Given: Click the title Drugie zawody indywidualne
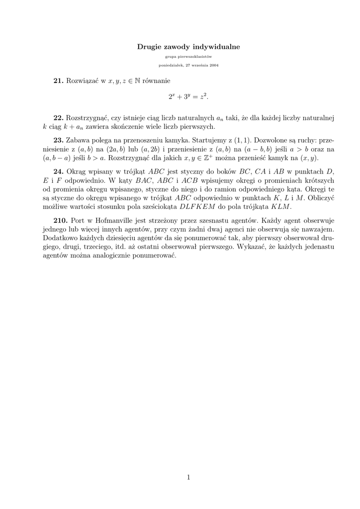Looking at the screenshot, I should coord(188,47).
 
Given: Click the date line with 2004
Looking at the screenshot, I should coord(188,65).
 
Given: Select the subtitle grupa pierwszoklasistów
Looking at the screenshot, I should coord(188,57).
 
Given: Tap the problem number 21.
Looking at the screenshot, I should coord(59,80).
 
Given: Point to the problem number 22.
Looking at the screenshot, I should coord(59,118).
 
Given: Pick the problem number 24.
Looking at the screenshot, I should coord(59,171).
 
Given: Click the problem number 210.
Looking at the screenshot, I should coord(61,220).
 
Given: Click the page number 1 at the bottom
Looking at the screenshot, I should coord(188,478).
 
